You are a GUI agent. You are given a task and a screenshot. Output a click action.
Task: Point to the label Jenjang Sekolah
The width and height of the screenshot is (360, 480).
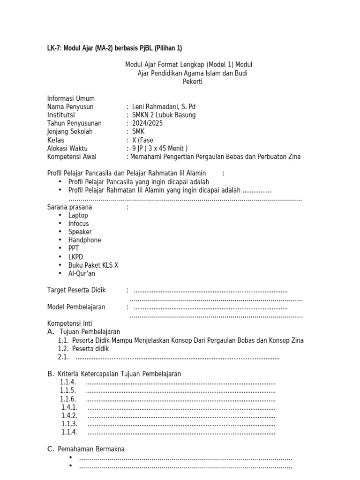pyautogui.click(x=70, y=132)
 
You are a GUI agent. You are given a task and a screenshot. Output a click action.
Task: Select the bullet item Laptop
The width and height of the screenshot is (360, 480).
pyautogui.click(x=78, y=216)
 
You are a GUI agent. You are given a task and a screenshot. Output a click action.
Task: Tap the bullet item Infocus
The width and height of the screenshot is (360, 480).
pyautogui.click(x=78, y=224)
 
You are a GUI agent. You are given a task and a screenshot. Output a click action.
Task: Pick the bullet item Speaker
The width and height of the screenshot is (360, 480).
pyautogui.click(x=80, y=232)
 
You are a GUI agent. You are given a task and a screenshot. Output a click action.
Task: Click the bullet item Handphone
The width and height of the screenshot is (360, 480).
pyautogui.click(x=84, y=240)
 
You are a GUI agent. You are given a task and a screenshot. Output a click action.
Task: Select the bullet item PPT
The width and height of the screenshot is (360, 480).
pyautogui.click(x=74, y=248)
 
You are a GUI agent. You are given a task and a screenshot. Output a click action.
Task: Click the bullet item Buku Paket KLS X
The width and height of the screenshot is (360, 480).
pyautogui.click(x=93, y=265)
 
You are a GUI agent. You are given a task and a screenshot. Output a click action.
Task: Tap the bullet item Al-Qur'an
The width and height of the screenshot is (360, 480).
pyautogui.click(x=82, y=274)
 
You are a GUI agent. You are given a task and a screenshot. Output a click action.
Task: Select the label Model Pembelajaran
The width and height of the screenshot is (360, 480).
pyautogui.click(x=76, y=307)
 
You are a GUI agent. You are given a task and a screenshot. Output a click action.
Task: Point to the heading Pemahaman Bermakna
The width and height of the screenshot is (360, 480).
pyautogui.click(x=91, y=449)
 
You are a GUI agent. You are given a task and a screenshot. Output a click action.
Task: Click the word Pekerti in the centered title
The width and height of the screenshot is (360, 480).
pyautogui.click(x=193, y=82)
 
